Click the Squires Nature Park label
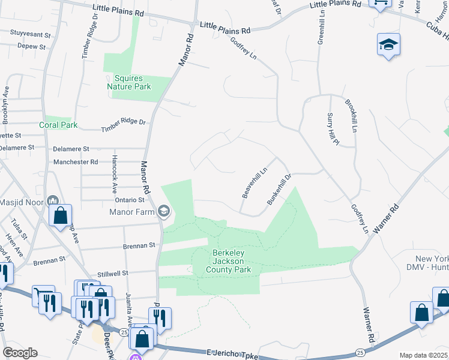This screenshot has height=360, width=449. click(x=129, y=82)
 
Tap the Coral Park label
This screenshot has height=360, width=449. click(x=59, y=125)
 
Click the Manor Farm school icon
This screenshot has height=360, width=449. click(x=164, y=211)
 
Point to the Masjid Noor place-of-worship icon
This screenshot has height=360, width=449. click(x=52, y=202)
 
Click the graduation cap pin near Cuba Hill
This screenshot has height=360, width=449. click(x=389, y=44)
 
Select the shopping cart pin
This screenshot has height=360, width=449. click(x=43, y=295)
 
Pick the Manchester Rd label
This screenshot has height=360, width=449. click(x=76, y=162)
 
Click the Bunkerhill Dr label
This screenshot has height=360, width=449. click(x=279, y=189)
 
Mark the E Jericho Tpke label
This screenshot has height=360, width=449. click(x=231, y=355)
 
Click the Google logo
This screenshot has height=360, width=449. click(x=19, y=353)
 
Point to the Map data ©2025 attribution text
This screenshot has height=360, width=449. click(x=423, y=355)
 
